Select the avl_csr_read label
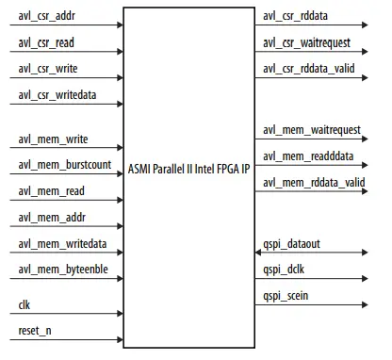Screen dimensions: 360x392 coord(46,43)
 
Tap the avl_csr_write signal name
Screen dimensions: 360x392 coord(47,69)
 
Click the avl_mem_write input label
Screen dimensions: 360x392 coord(53,139)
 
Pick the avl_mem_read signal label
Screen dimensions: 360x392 coord(51,190)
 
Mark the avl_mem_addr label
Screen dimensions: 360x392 coord(51,217)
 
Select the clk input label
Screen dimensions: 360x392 coord(24,305)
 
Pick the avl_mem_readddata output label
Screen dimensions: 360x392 coord(310,155)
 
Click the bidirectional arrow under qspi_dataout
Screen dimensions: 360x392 coord(312,254)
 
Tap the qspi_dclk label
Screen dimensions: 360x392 coord(284,270)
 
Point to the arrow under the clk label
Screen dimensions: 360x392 coord(66,316)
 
